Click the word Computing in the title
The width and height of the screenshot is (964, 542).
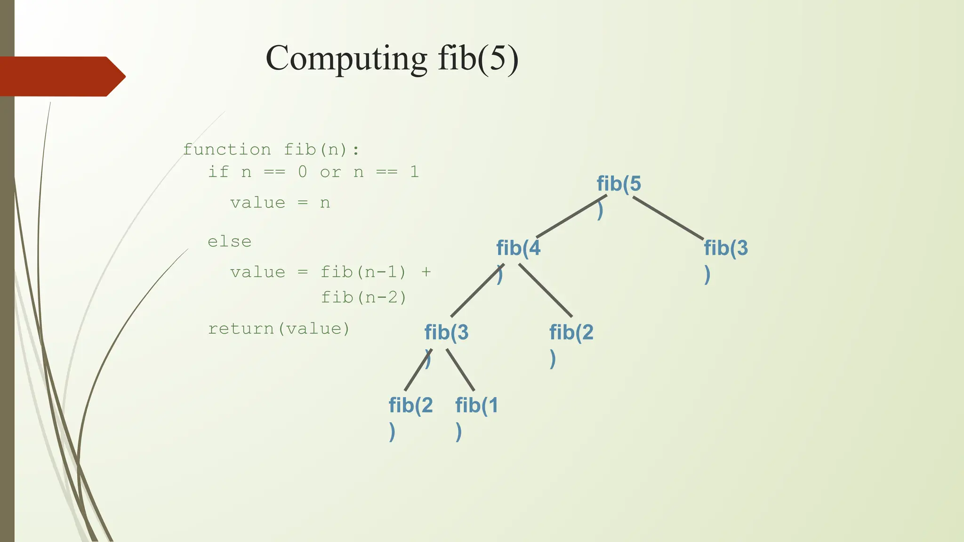click(x=346, y=58)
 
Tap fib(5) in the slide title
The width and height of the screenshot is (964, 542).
click(x=478, y=58)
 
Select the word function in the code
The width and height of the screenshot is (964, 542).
click(x=227, y=150)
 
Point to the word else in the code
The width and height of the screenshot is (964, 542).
click(x=230, y=241)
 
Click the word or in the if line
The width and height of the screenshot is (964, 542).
click(x=330, y=172)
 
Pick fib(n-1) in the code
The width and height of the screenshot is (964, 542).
click(x=363, y=272)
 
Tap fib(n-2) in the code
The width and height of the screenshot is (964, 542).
click(x=363, y=297)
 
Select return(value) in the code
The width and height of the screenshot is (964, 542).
click(x=279, y=328)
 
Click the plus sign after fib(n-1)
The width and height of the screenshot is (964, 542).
click(x=426, y=272)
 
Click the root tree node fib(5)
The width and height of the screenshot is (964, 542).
click(x=619, y=184)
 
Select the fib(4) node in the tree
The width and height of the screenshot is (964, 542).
click(x=518, y=248)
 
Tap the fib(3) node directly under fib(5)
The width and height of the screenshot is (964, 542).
click(x=725, y=248)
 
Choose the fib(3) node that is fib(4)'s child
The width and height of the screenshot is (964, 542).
click(x=446, y=332)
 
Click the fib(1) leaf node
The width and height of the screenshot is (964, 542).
click(x=476, y=405)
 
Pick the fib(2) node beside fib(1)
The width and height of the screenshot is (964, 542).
click(x=410, y=405)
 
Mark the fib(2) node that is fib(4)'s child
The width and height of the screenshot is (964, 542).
click(x=571, y=332)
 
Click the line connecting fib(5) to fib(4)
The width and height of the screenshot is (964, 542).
click(x=571, y=216)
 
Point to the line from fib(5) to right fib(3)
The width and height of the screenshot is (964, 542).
click(x=668, y=218)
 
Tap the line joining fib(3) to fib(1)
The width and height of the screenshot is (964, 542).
click(x=460, y=370)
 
